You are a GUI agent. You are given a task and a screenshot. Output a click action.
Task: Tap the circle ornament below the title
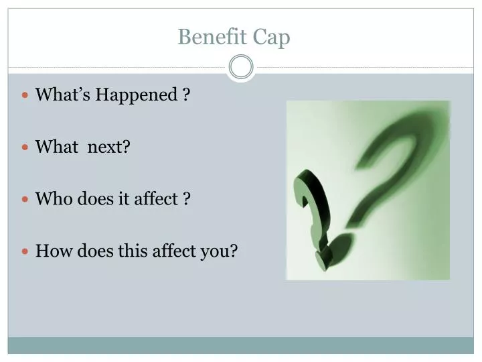pyautogui.click(x=241, y=67)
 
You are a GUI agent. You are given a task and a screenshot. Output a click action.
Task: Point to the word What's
pyautogui.click(x=63, y=95)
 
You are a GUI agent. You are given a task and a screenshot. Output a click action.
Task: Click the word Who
pyautogui.click(x=52, y=199)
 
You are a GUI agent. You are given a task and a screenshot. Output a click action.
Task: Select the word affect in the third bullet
pyautogui.click(x=155, y=199)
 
